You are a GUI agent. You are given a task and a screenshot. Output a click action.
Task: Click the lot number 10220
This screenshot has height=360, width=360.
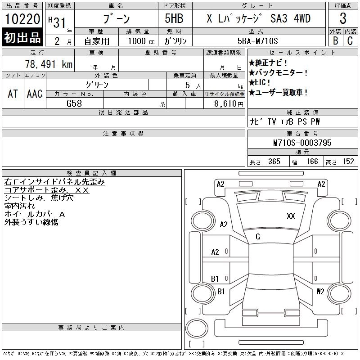point(22,19)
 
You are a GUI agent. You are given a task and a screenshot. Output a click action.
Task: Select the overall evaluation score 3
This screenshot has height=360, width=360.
point(343,19)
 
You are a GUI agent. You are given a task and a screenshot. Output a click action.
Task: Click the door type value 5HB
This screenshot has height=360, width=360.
point(173,19)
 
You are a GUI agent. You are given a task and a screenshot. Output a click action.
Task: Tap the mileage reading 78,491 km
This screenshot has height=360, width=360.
point(49,64)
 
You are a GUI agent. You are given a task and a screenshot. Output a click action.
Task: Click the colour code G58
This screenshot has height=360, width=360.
point(74,103)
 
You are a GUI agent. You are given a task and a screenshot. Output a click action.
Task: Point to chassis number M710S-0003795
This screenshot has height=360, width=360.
point(302,143)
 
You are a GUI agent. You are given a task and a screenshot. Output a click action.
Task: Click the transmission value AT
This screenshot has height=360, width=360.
point(13,94)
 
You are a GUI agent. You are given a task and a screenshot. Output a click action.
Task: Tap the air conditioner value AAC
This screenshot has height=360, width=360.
point(35,94)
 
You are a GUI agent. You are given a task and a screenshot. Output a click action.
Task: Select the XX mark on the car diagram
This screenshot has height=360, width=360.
point(291,216)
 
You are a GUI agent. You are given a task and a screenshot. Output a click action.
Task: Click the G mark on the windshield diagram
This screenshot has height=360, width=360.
point(258,237)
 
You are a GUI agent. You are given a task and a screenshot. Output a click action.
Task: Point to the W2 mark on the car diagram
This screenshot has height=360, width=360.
point(320,291)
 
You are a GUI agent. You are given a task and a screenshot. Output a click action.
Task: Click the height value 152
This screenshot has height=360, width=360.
point(348,162)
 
